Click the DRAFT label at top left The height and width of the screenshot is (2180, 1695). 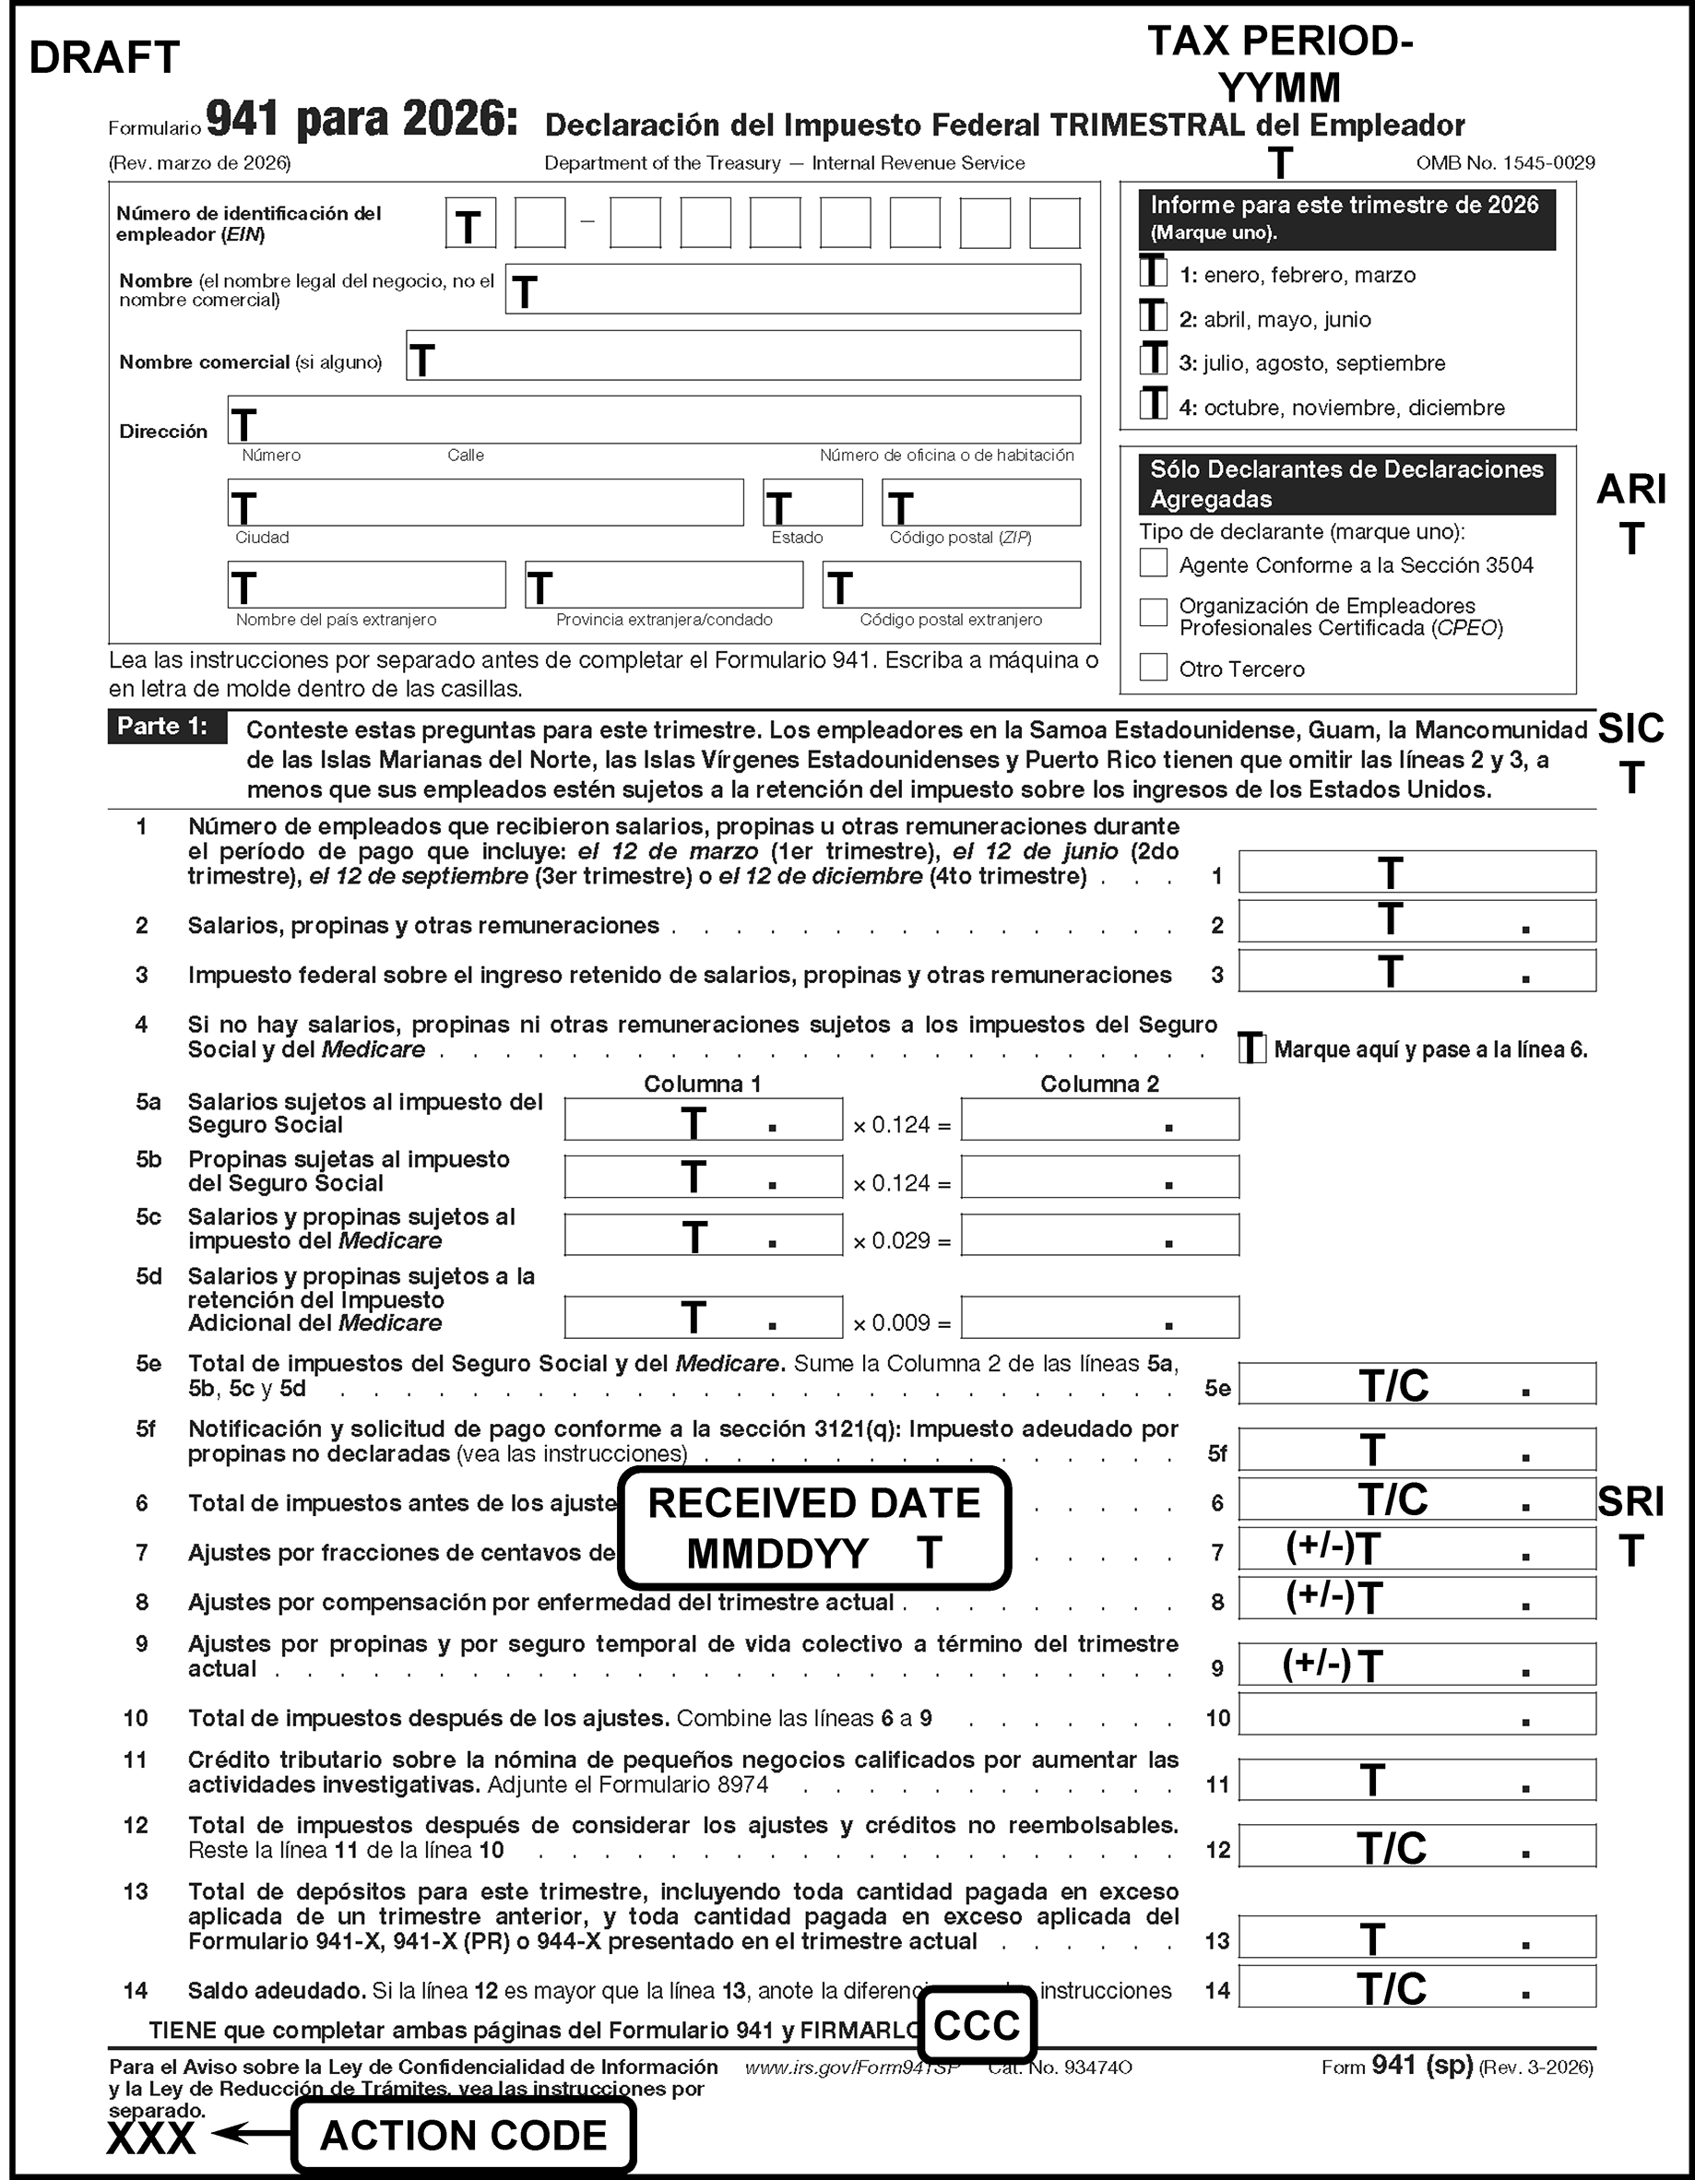click(104, 58)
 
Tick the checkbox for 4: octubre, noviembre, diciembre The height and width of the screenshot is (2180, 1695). click(1153, 404)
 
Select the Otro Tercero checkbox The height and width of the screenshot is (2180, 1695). click(1153, 667)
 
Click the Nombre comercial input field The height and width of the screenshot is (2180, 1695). click(742, 356)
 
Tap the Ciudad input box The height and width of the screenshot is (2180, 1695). click(485, 504)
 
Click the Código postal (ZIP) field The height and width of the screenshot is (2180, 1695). click(980, 504)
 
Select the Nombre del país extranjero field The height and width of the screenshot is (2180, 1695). click(366, 585)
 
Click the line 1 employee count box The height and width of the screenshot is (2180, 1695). click(1416, 871)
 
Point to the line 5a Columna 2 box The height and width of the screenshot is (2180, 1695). click(1099, 1120)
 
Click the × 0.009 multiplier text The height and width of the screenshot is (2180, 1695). click(900, 1323)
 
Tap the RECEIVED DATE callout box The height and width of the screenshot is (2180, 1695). click(814, 1528)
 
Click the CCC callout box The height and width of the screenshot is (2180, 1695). click(977, 2025)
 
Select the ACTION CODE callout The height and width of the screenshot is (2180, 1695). click(463, 2135)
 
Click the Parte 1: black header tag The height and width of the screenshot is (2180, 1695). click(166, 727)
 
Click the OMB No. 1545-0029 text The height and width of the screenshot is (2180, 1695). click(1504, 162)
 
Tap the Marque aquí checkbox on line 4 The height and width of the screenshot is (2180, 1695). click(1251, 1049)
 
